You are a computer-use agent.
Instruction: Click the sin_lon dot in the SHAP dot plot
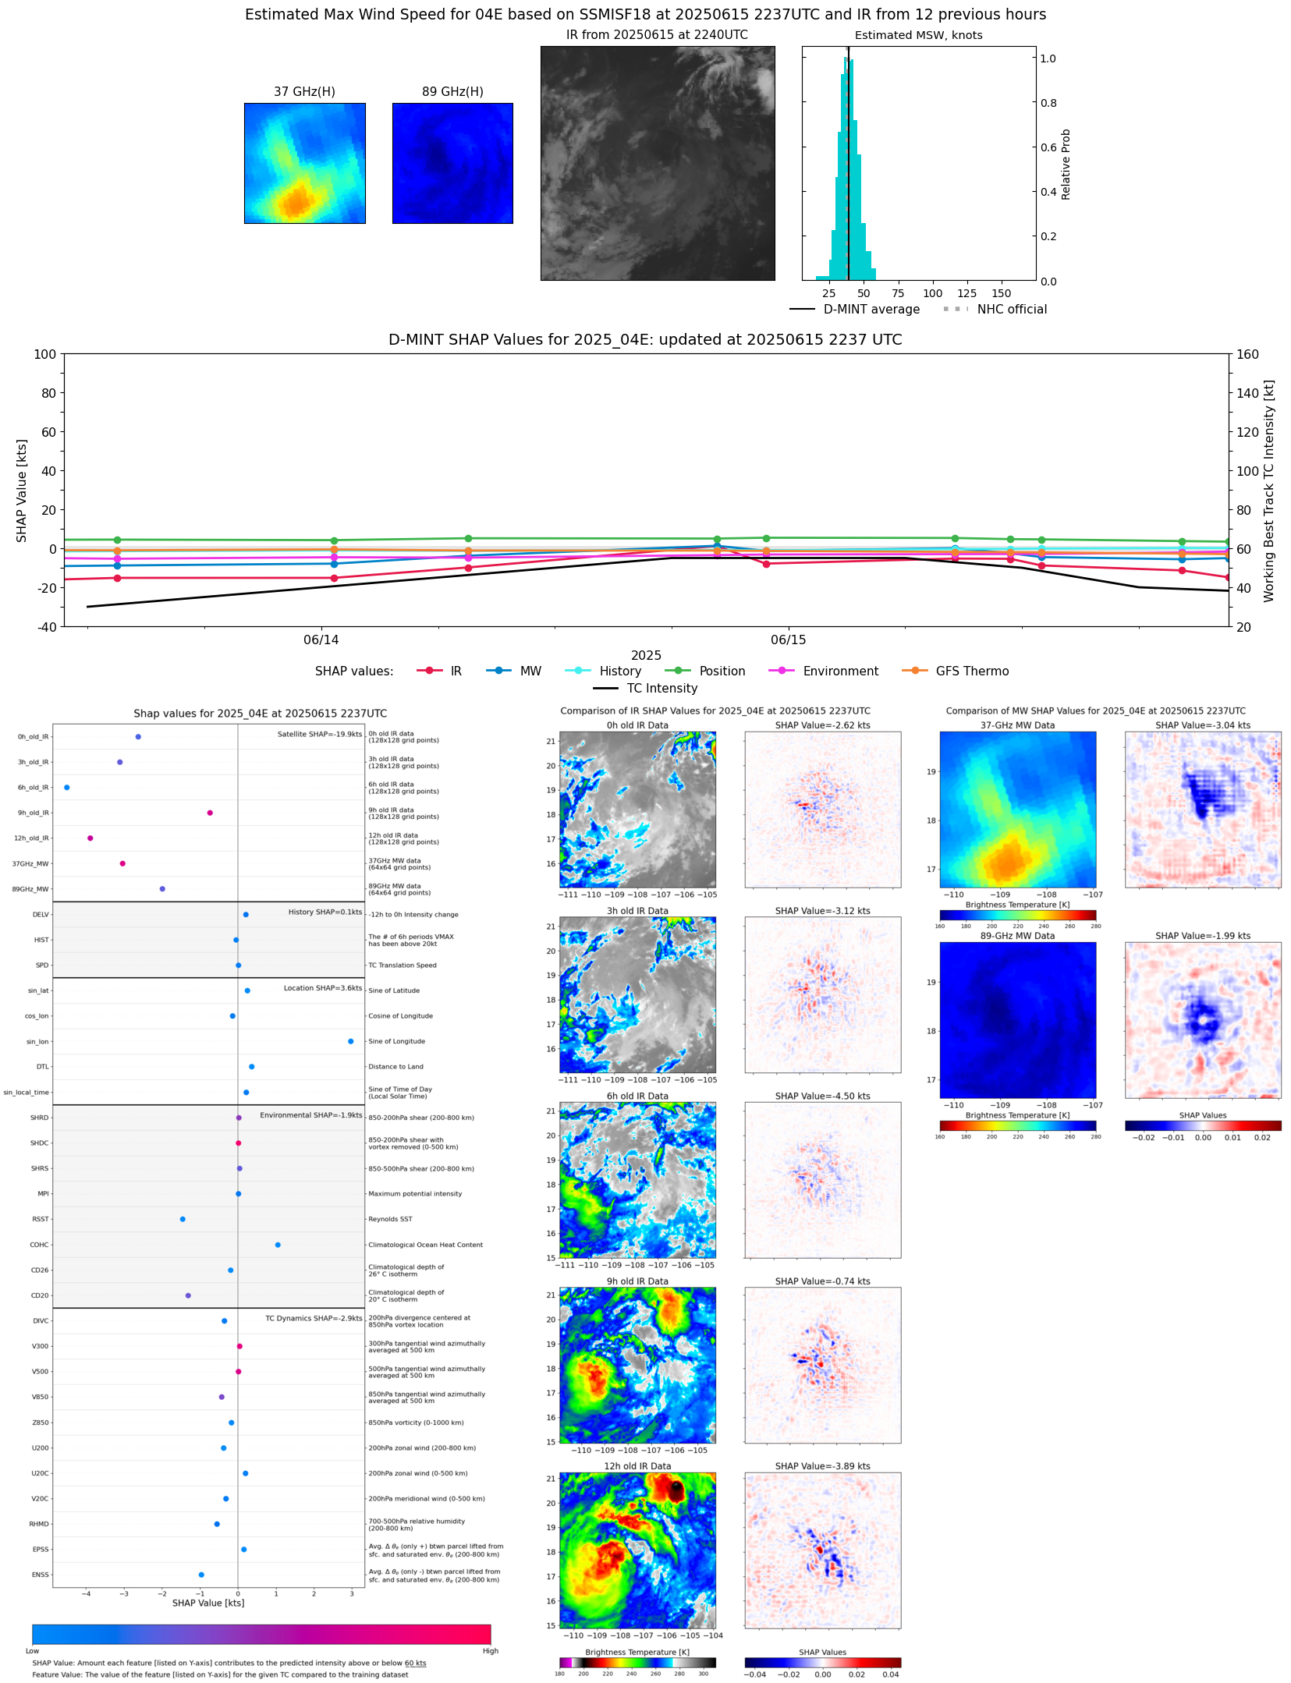(351, 1041)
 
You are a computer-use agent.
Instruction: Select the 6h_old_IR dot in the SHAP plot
(67, 788)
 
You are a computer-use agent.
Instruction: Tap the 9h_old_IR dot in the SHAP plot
(210, 813)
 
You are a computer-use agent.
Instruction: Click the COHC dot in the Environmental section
(278, 1245)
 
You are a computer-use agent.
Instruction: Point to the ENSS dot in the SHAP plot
(201, 1575)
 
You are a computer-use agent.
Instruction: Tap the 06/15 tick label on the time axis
(788, 640)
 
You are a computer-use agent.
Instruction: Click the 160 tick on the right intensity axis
(1247, 354)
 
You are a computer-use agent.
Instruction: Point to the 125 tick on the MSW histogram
(967, 294)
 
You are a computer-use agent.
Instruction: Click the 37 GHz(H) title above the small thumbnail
(304, 92)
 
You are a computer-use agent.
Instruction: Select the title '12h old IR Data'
(637, 1466)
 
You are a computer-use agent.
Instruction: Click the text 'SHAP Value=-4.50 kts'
(822, 1096)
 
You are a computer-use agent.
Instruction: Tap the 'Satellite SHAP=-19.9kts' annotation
(320, 734)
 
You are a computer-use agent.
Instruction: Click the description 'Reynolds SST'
(390, 1219)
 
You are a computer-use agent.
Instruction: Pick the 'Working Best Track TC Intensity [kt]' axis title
(1269, 491)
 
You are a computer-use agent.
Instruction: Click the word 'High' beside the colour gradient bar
(490, 1651)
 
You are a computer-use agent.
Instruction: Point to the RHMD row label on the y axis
(39, 1524)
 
